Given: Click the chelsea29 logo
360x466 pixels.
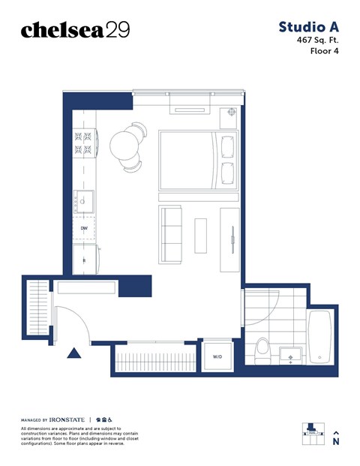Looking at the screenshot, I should pos(75,29).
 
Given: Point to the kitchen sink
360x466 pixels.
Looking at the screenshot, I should pos(85,200).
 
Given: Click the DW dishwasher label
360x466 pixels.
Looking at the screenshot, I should pos(85,228).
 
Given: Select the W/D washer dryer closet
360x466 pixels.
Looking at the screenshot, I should pos(217,356).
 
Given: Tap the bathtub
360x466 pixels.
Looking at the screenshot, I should pos(322,338).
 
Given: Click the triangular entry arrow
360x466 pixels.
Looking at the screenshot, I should pos(74,353).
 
